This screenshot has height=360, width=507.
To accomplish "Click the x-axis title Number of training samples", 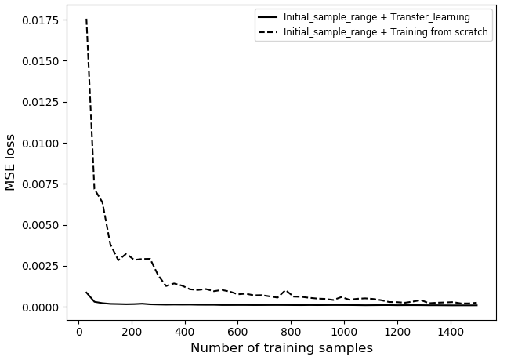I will tap(281, 347).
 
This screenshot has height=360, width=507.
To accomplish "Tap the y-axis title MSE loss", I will tap(11, 162).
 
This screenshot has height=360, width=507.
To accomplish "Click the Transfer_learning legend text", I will tap(387, 17).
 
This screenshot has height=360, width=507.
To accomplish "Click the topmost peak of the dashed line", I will tap(86, 20).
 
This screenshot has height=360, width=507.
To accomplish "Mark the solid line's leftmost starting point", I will tap(86, 293).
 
